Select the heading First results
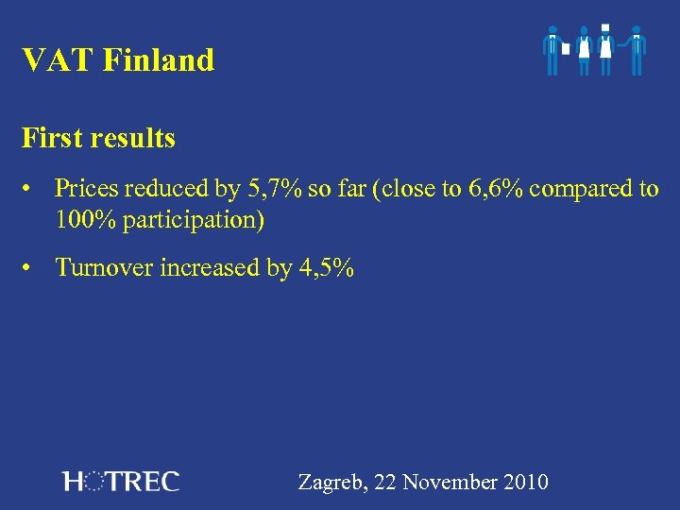click(x=99, y=139)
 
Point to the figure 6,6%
click(x=494, y=189)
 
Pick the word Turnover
click(x=104, y=268)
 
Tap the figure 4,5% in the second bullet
click(x=326, y=268)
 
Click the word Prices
click(x=88, y=189)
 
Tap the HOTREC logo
click(x=120, y=482)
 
